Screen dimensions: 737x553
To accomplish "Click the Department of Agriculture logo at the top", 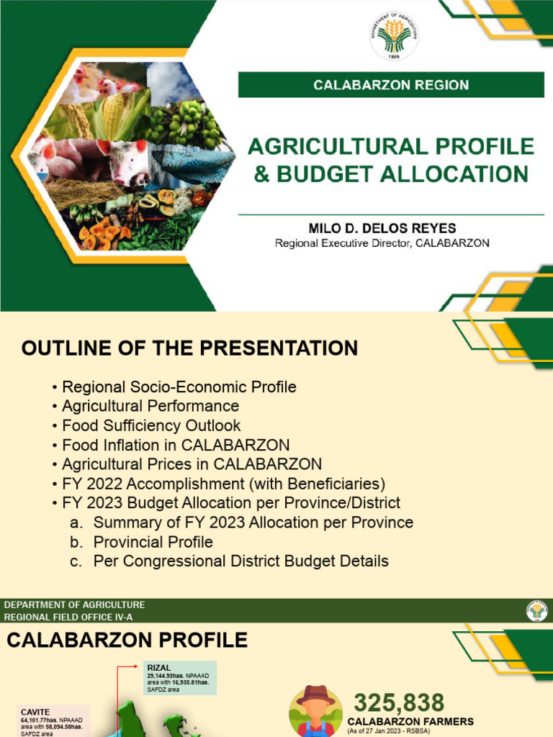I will click(394, 36).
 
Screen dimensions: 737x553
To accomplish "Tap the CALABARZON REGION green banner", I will click(391, 85).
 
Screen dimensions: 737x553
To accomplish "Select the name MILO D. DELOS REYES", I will click(382, 228).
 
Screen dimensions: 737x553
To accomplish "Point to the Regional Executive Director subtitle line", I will click(382, 243).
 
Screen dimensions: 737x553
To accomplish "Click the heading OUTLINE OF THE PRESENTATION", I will click(189, 348).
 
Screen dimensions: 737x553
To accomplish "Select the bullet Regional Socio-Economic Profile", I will click(179, 387).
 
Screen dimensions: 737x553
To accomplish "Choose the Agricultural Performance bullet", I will click(150, 406).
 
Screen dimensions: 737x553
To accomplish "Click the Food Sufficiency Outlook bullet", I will click(151, 425).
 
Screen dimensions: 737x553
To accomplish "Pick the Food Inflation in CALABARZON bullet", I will click(176, 445).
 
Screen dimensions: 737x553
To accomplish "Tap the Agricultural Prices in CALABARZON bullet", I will click(192, 464).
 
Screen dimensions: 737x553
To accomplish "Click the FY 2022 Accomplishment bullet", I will click(223, 483).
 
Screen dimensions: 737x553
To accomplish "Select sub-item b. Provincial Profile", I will click(153, 541).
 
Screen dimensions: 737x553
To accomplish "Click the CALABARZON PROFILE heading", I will click(127, 640).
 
